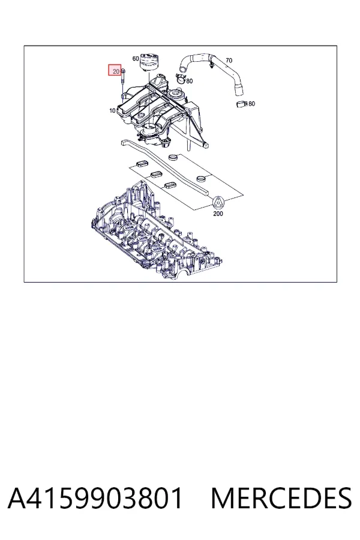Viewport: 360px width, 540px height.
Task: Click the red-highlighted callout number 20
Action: click(116, 71)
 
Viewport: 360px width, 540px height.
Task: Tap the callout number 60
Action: click(136, 59)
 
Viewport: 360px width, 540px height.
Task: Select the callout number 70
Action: click(229, 61)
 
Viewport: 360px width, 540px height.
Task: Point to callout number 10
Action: click(112, 110)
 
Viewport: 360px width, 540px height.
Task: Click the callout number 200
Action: click(218, 214)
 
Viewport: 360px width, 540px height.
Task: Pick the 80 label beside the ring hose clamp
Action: click(190, 81)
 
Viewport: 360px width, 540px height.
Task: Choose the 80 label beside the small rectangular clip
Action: click(252, 104)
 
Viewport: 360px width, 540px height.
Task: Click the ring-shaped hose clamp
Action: click(181, 79)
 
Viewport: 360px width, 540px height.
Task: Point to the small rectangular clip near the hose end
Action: click(242, 104)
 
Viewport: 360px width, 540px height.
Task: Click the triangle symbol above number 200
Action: click(218, 203)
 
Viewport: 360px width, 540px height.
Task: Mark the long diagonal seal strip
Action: click(166, 168)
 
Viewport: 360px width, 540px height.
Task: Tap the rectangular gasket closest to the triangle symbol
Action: click(169, 185)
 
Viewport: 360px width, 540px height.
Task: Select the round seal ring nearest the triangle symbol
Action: click(201, 179)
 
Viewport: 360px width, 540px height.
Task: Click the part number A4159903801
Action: click(95, 498)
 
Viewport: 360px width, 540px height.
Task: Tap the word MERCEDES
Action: click(281, 498)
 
